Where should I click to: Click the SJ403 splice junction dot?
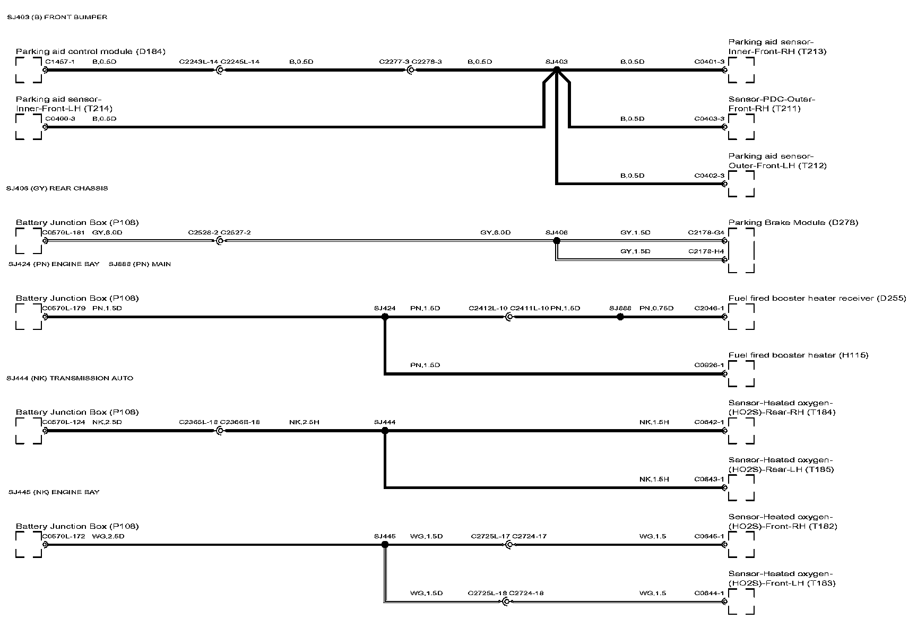(556, 69)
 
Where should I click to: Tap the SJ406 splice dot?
(556, 241)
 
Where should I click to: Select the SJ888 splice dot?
(620, 317)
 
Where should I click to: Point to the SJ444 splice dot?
(385, 431)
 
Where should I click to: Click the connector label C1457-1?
(60, 62)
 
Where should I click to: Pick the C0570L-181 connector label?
(63, 232)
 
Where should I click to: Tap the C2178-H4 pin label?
(706, 251)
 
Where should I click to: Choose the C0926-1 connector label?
(709, 365)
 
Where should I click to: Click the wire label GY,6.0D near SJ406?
(495, 232)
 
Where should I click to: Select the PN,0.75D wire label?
(656, 308)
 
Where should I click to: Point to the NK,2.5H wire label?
(304, 422)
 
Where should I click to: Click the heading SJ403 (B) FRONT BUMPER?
(57, 17)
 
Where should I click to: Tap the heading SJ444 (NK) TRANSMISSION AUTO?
(70, 378)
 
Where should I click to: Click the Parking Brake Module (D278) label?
(793, 222)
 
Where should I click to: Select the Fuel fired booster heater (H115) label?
(798, 355)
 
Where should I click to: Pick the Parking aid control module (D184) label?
(91, 51)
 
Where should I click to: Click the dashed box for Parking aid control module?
(29, 70)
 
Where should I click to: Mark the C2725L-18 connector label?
(487, 593)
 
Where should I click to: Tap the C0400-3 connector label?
(60, 118)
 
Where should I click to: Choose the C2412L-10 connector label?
(488, 308)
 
